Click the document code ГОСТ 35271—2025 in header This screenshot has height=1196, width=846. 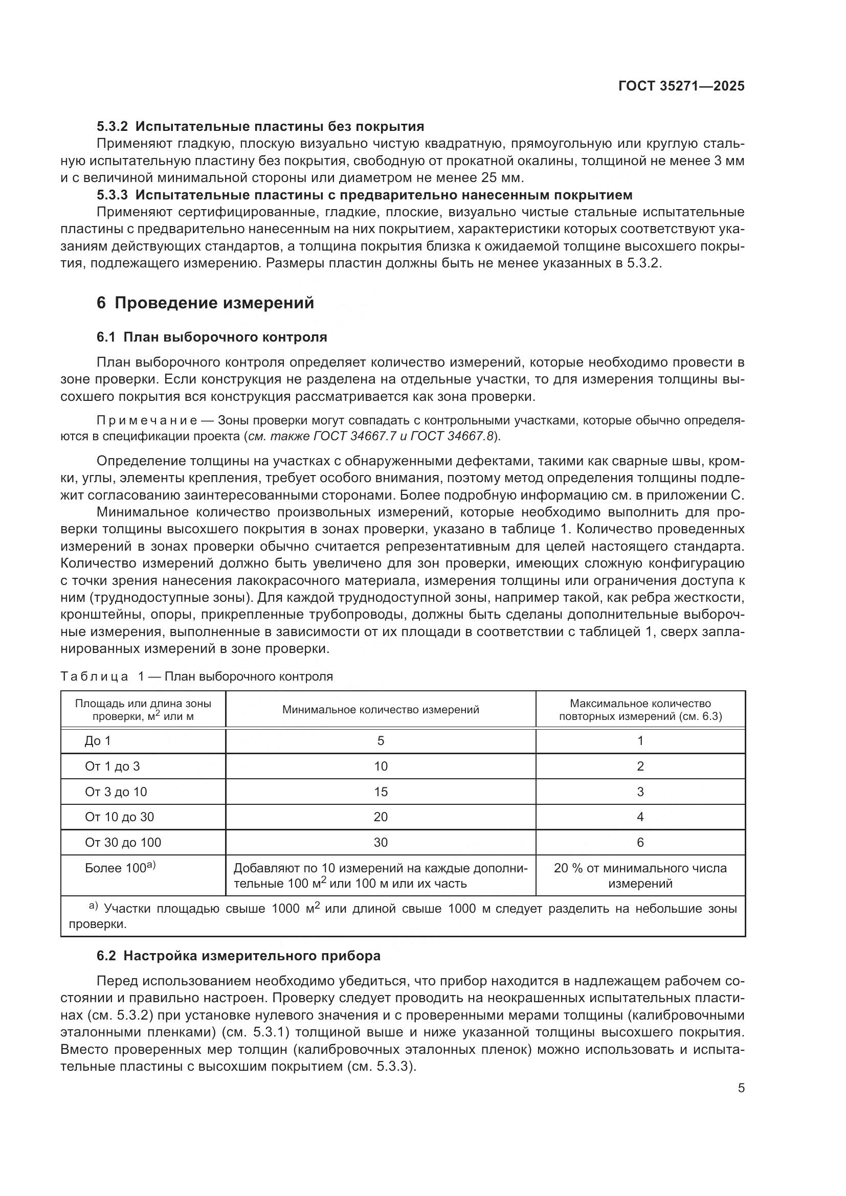point(681,86)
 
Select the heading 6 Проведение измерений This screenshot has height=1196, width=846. point(205,303)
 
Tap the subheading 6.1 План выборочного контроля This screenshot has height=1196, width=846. point(212,337)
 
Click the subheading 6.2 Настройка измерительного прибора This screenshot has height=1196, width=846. point(238,956)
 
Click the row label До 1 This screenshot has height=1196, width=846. point(98,741)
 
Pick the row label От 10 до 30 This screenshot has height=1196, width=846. point(119,817)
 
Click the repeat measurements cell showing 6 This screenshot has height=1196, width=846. point(640,842)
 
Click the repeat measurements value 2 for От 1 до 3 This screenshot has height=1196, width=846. point(640,766)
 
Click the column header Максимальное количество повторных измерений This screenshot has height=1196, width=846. point(640,710)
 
